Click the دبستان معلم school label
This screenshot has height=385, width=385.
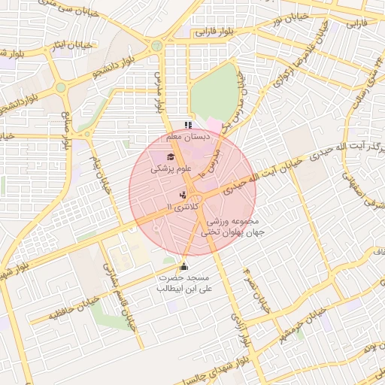[188, 138]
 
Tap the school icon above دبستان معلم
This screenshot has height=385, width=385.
[188, 126]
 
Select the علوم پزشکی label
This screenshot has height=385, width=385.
[171, 169]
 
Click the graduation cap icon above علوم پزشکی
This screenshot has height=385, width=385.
[171, 157]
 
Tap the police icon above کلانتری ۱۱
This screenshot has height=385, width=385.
[183, 195]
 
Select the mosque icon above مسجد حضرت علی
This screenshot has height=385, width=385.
[184, 266]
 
